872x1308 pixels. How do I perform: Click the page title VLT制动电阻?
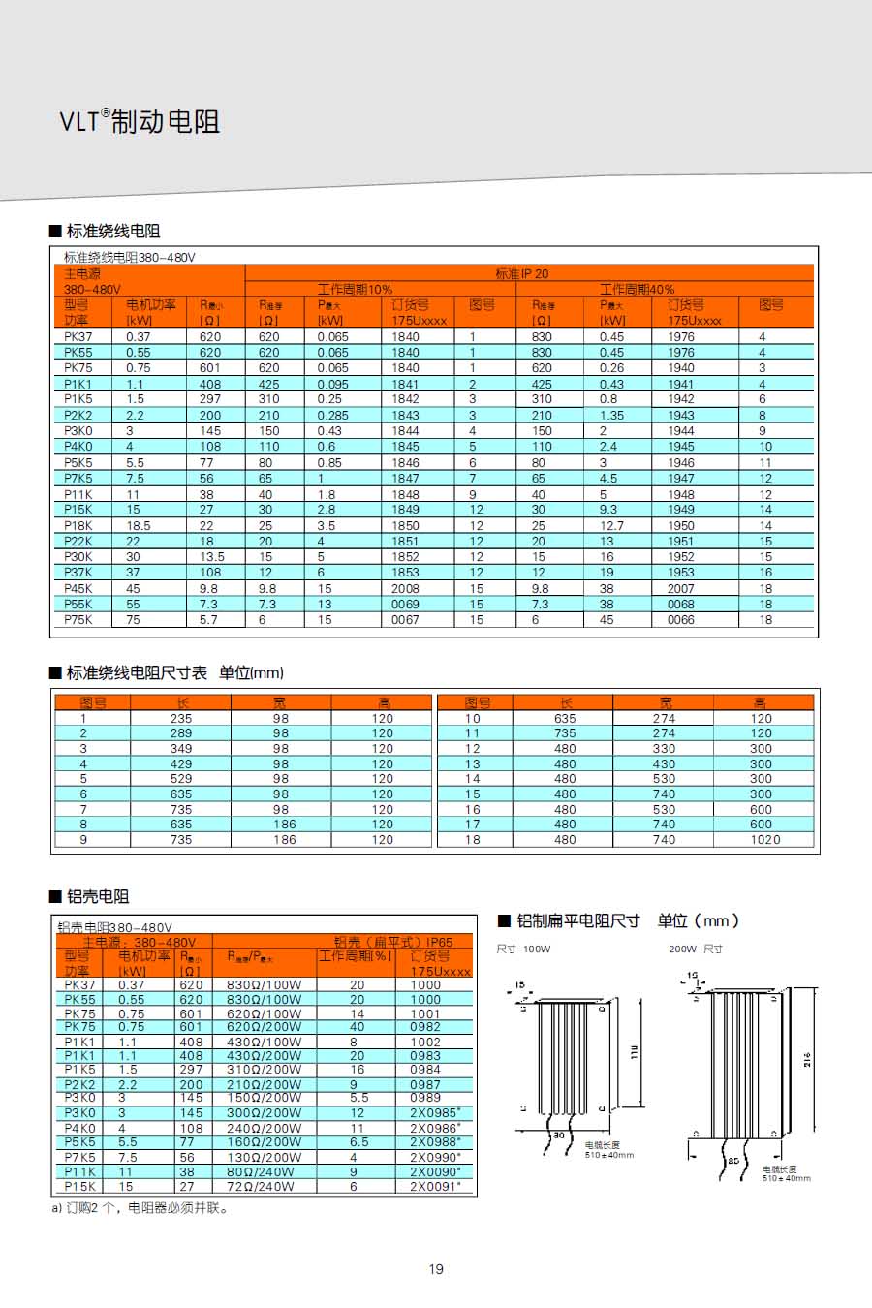pyautogui.click(x=140, y=121)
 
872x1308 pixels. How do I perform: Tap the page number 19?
pyautogui.click(x=436, y=1269)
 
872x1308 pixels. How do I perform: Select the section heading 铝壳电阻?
pyautogui.click(x=97, y=896)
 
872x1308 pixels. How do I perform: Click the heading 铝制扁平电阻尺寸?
pyautogui.click(x=577, y=920)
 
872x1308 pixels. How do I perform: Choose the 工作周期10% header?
pyautogui.click(x=355, y=289)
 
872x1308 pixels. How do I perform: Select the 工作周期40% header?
pyautogui.click(x=637, y=289)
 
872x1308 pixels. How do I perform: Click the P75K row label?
pyautogui.click(x=78, y=619)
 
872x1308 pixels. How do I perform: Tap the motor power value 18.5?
pyautogui.click(x=138, y=525)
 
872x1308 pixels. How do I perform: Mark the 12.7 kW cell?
pyautogui.click(x=611, y=525)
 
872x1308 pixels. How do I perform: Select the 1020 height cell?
pyautogui.click(x=764, y=839)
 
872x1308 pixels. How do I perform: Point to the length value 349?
pyautogui.click(x=181, y=748)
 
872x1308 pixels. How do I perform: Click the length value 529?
pyautogui.click(x=181, y=778)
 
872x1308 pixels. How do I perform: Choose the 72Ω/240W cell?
pyautogui.click(x=264, y=1186)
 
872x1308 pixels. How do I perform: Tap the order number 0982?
pyautogui.click(x=424, y=1027)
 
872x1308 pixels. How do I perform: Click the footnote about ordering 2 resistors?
pyautogui.click(x=141, y=1208)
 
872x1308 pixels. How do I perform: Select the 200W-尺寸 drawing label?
pyautogui.click(x=695, y=949)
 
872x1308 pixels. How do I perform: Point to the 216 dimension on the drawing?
pyautogui.click(x=807, y=1059)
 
